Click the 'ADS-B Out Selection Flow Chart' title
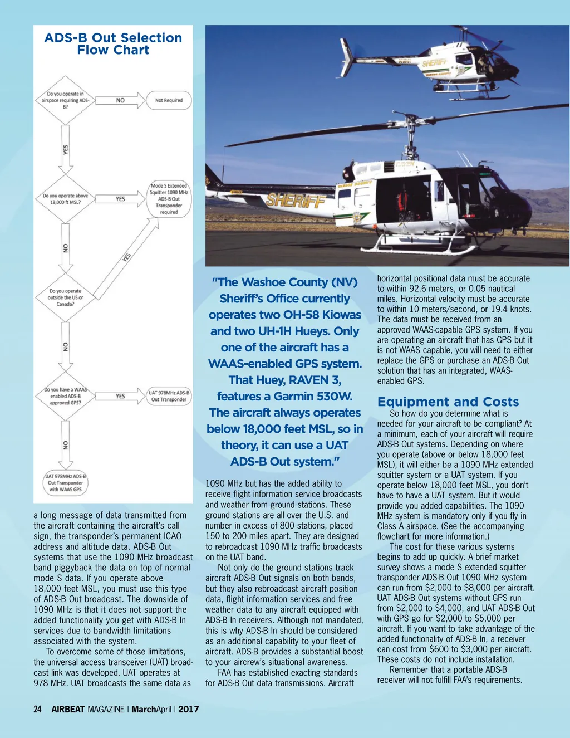[113, 44]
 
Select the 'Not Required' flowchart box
[169, 101]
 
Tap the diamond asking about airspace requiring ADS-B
[66, 100]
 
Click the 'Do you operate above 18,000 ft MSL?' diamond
[66, 199]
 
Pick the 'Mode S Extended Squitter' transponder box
[169, 199]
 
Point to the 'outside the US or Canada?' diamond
[66, 297]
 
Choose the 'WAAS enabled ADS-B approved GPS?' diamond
[66, 396]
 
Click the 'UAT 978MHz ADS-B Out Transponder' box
[169, 396]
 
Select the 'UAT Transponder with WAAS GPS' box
[66, 483]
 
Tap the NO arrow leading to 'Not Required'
[120, 101]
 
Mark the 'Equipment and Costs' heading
[448, 402]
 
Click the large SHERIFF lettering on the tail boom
[296, 201]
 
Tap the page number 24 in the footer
[37, 709]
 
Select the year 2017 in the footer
[189, 709]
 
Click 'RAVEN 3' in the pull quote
[315, 380]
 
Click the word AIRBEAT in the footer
[68, 709]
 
